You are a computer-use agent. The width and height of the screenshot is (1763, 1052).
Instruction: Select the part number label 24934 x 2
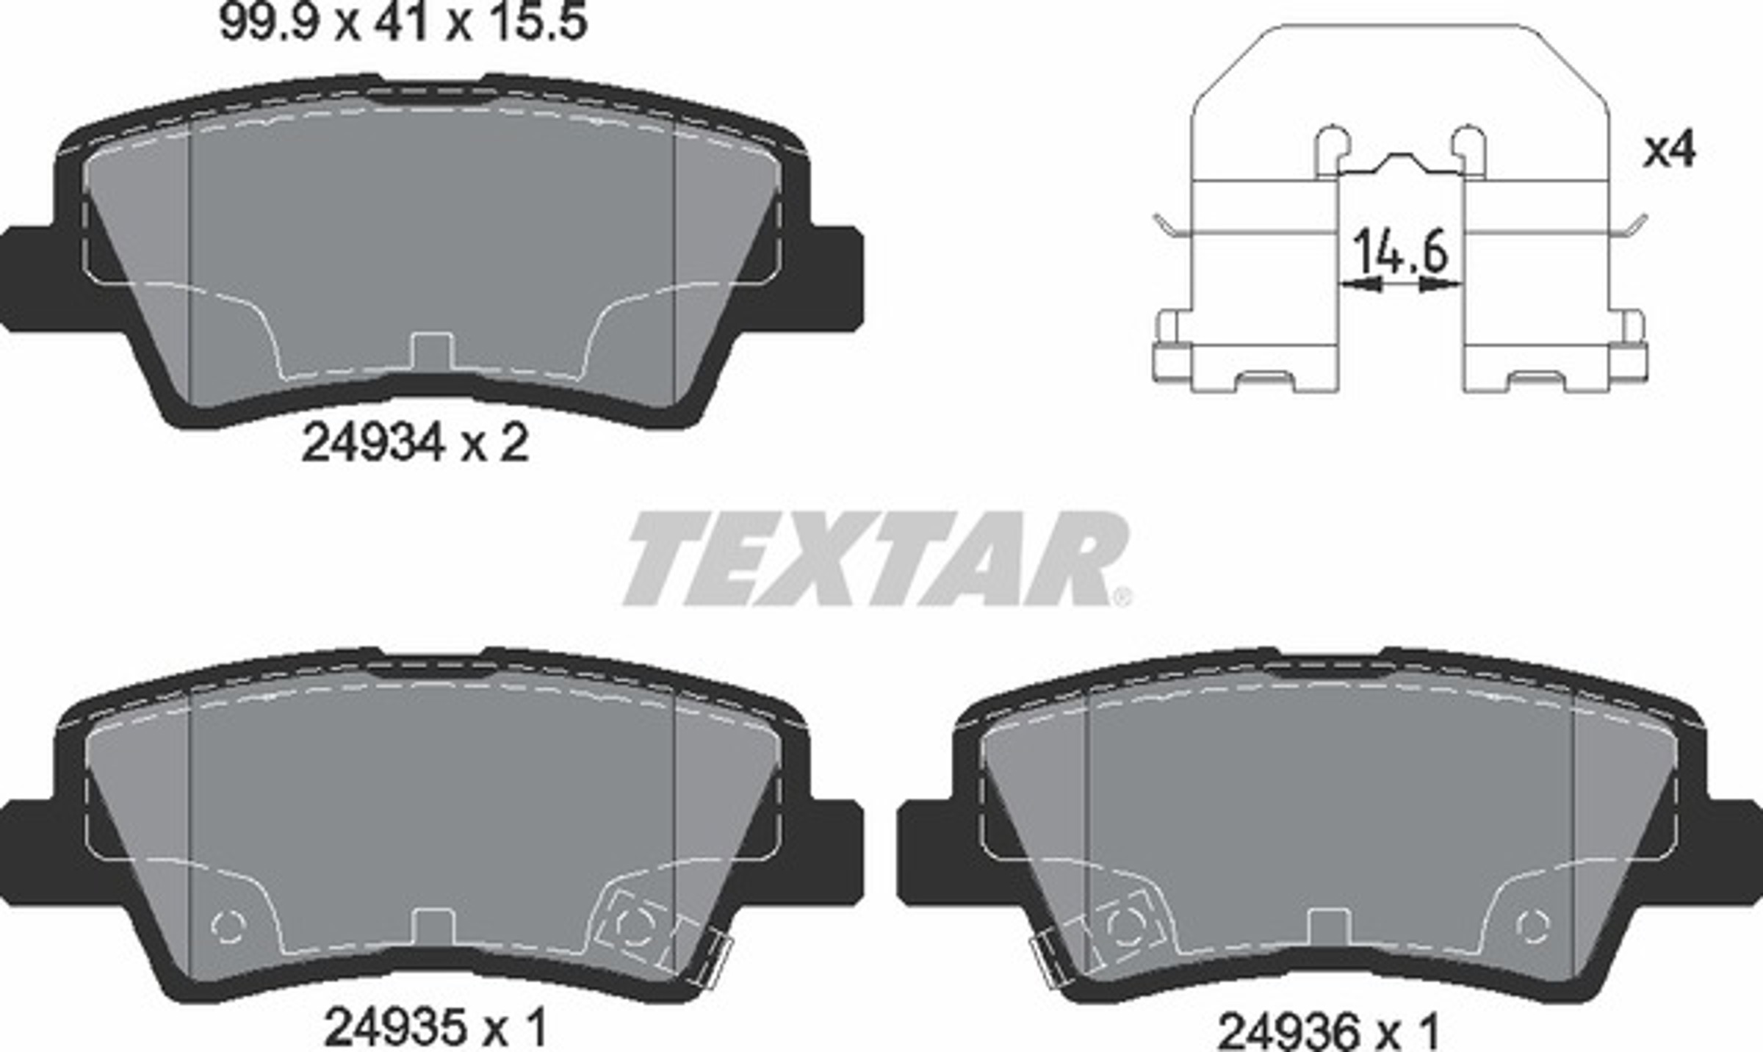(415, 444)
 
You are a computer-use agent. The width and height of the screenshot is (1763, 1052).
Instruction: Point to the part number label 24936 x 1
(1328, 1031)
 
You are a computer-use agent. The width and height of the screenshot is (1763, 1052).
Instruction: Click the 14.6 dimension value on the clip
(1400, 251)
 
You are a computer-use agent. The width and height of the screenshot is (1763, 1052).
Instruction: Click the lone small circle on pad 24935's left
(228, 926)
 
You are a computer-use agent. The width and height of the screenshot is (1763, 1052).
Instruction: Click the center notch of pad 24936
(1329, 927)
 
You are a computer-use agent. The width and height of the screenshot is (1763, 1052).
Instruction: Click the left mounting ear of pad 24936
(927, 852)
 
